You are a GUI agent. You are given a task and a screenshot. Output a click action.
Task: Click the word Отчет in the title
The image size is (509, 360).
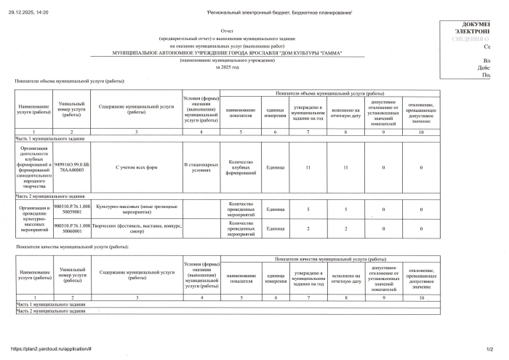pos(226,32)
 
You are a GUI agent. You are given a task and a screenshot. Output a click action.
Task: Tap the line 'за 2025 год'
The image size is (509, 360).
pos(226,67)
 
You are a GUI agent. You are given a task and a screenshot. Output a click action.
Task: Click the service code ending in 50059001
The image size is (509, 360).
pos(72,209)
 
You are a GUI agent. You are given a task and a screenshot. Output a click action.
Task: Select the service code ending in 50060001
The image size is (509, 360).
pos(72,229)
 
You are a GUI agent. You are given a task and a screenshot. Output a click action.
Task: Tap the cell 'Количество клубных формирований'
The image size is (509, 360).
pos(240,168)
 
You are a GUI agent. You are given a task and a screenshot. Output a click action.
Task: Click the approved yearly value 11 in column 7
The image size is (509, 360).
pos(308,168)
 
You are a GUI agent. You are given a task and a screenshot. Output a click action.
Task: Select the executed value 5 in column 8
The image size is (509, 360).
pos(345,209)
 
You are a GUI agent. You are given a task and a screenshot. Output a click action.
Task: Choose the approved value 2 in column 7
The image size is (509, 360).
pos(308,229)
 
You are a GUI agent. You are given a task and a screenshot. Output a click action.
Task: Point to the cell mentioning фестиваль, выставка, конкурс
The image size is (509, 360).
pos(136,229)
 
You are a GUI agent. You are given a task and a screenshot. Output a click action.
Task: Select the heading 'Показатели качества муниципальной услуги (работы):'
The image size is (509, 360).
pos(69,248)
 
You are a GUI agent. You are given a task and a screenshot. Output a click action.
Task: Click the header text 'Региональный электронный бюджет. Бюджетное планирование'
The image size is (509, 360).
pos(279,12)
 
